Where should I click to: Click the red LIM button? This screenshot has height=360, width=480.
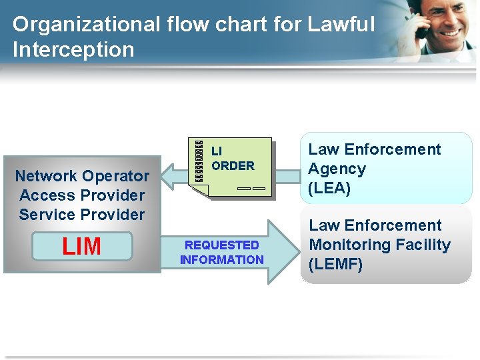[82, 246]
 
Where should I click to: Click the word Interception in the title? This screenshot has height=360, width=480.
[73, 50]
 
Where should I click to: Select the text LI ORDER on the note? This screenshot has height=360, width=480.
[232, 159]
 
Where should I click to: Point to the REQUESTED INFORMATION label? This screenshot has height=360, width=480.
[222, 253]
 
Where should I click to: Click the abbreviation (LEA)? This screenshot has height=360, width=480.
[329, 189]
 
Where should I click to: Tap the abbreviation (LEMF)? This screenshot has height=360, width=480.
[335, 265]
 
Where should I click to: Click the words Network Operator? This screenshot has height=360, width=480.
[82, 176]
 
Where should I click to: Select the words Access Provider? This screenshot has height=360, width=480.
[82, 195]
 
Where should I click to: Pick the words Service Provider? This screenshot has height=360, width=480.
[82, 215]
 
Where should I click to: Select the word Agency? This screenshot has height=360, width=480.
[337, 169]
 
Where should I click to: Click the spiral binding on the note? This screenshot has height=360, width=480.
[199, 161]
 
